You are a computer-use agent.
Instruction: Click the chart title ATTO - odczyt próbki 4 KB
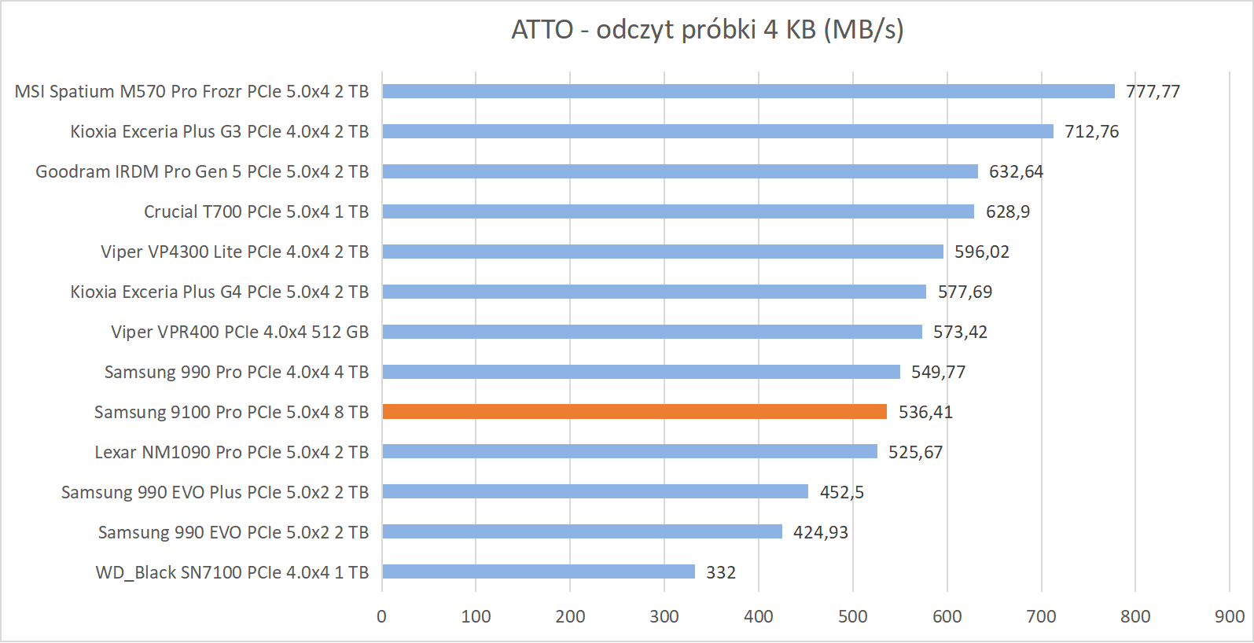coord(707,30)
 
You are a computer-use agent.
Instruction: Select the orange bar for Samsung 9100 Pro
coord(634,412)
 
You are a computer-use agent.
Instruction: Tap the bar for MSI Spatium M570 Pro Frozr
coord(748,91)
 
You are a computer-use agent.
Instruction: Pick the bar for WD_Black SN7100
coord(539,571)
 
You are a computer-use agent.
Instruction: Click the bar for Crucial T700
coord(678,211)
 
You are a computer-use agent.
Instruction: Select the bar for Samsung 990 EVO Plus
coord(595,491)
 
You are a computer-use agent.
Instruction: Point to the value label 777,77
coord(1153,91)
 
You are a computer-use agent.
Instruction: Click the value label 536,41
coord(925,412)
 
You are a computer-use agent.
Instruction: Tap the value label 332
coord(720,572)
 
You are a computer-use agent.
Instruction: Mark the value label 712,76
coord(1091,131)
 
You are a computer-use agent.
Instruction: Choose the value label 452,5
coord(841,492)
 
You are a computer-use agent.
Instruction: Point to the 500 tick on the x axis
coord(852,616)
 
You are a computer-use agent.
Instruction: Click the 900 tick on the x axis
coord(1229,616)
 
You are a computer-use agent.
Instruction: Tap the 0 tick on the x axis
coord(382,616)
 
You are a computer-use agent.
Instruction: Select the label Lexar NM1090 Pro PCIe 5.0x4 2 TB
coord(231,452)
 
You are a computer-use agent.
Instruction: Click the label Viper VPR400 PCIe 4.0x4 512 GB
coord(240,332)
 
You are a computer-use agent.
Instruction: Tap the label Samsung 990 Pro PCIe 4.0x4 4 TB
coord(236,372)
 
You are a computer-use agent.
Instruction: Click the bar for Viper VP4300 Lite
coord(663,252)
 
